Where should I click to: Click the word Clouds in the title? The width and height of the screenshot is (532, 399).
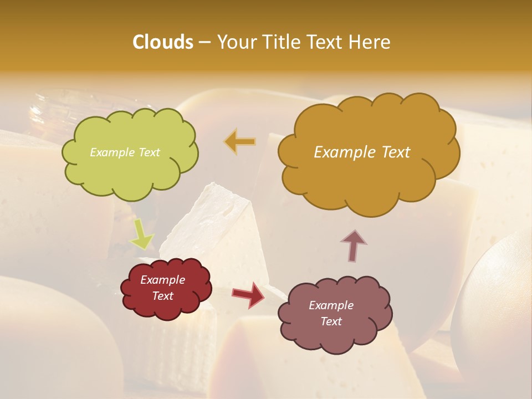click(163, 42)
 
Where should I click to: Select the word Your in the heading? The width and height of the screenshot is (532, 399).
click(236, 42)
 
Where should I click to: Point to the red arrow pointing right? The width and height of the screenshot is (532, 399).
click(248, 294)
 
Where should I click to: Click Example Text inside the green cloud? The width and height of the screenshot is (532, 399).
click(125, 152)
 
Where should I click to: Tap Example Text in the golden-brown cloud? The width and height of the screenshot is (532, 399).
click(362, 152)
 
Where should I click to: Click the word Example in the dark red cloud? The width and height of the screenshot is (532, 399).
click(162, 280)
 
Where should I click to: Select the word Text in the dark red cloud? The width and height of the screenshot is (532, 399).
click(162, 296)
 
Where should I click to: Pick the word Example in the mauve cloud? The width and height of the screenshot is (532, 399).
click(331, 305)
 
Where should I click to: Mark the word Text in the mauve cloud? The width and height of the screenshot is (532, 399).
click(331, 321)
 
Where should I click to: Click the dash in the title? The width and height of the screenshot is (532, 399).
click(204, 42)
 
